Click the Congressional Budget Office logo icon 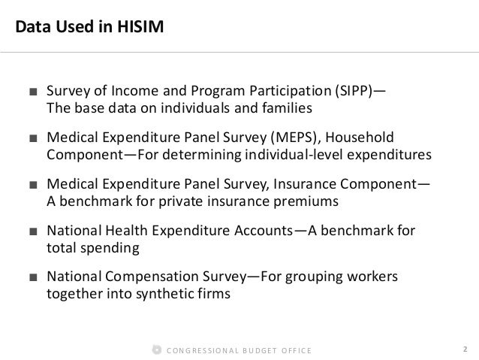point(156,349)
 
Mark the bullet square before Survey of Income point(33,93)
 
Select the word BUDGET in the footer point(257,349)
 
